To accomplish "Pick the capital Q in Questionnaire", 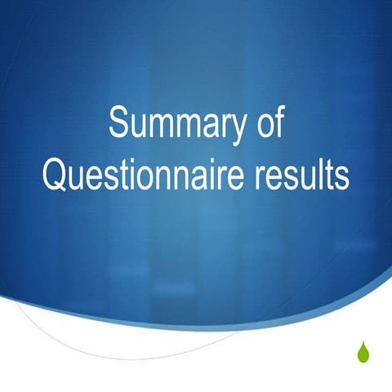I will (x=56, y=175).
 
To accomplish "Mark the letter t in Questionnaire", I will (x=125, y=175).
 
